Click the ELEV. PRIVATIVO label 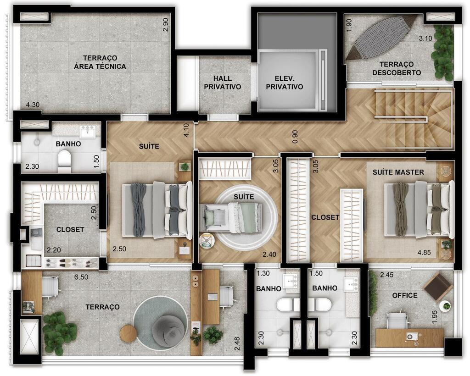click(285, 83)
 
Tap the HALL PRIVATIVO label click(223, 83)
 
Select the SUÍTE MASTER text click(398, 172)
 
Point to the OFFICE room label click(405, 295)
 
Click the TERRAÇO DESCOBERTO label click(397, 68)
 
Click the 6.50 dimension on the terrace click(81, 277)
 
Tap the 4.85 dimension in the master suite click(424, 252)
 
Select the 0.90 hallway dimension click(295, 136)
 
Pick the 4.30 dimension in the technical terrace click(33, 105)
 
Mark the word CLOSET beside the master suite click(325, 217)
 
